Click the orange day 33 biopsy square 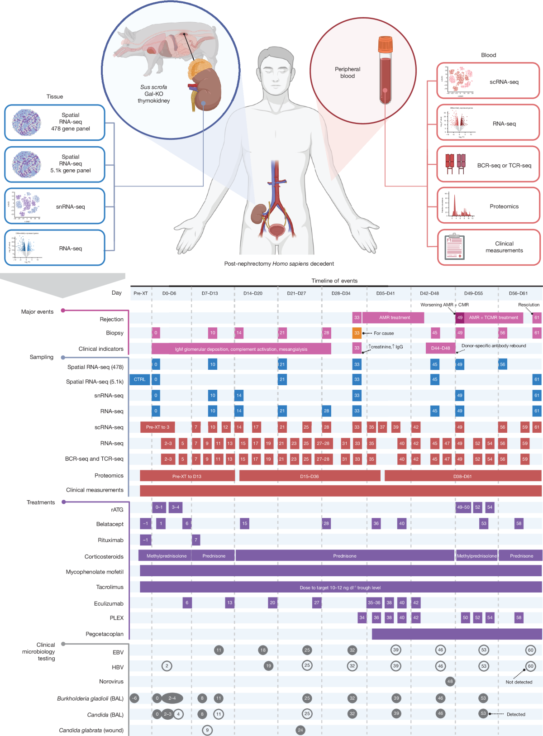pos(357,333)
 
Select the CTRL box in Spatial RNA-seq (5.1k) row pos(139,379)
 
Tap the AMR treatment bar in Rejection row pos(394,317)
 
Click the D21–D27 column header pos(296,293)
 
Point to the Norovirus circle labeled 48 pos(449,681)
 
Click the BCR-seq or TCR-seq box pos(488,166)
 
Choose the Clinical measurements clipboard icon pos(454,247)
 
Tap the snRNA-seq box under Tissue pos(55,206)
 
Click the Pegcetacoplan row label pos(105,634)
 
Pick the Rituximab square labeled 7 pos(195,540)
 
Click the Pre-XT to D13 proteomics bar pos(187,476)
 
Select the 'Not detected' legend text pos(519,682)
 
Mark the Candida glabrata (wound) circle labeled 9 pos(207,730)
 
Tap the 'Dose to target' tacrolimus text pos(340,588)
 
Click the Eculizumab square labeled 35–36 pos(374,602)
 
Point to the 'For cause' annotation pos(384,333)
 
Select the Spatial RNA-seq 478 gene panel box pos(55,122)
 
